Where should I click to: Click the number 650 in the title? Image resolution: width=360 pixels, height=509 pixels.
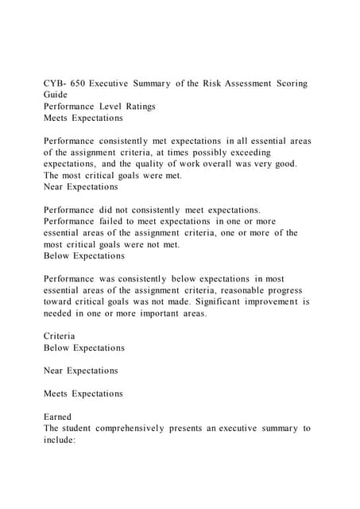click(x=77, y=84)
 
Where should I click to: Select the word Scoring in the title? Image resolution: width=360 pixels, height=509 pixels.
click(x=290, y=84)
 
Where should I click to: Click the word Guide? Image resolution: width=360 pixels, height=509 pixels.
click(x=56, y=95)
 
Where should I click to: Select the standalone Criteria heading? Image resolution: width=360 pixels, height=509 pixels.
click(x=61, y=336)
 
